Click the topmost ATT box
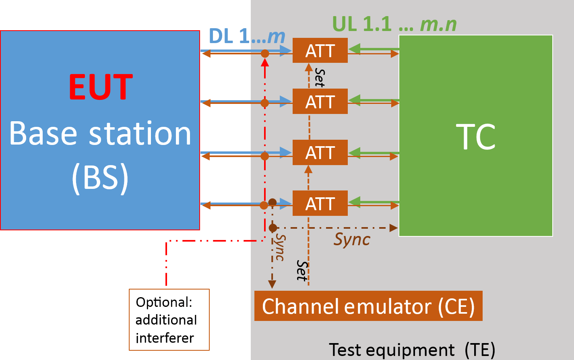tap(320, 51)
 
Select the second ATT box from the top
tap(320, 101)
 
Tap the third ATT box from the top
tap(320, 153)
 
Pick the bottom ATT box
tap(320, 203)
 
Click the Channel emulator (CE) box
tap(368, 306)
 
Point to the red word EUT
tap(101, 87)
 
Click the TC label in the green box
tap(475, 137)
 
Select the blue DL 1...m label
tap(247, 36)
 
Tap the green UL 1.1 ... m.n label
tap(394, 24)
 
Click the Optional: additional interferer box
tap(169, 320)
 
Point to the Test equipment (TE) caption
tap(412, 350)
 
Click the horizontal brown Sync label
tap(352, 240)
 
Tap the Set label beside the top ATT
tap(320, 77)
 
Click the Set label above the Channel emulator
tap(302, 271)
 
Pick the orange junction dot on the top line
tap(265, 54)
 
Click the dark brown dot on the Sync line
tap(273, 228)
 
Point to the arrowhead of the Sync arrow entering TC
tap(394, 228)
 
